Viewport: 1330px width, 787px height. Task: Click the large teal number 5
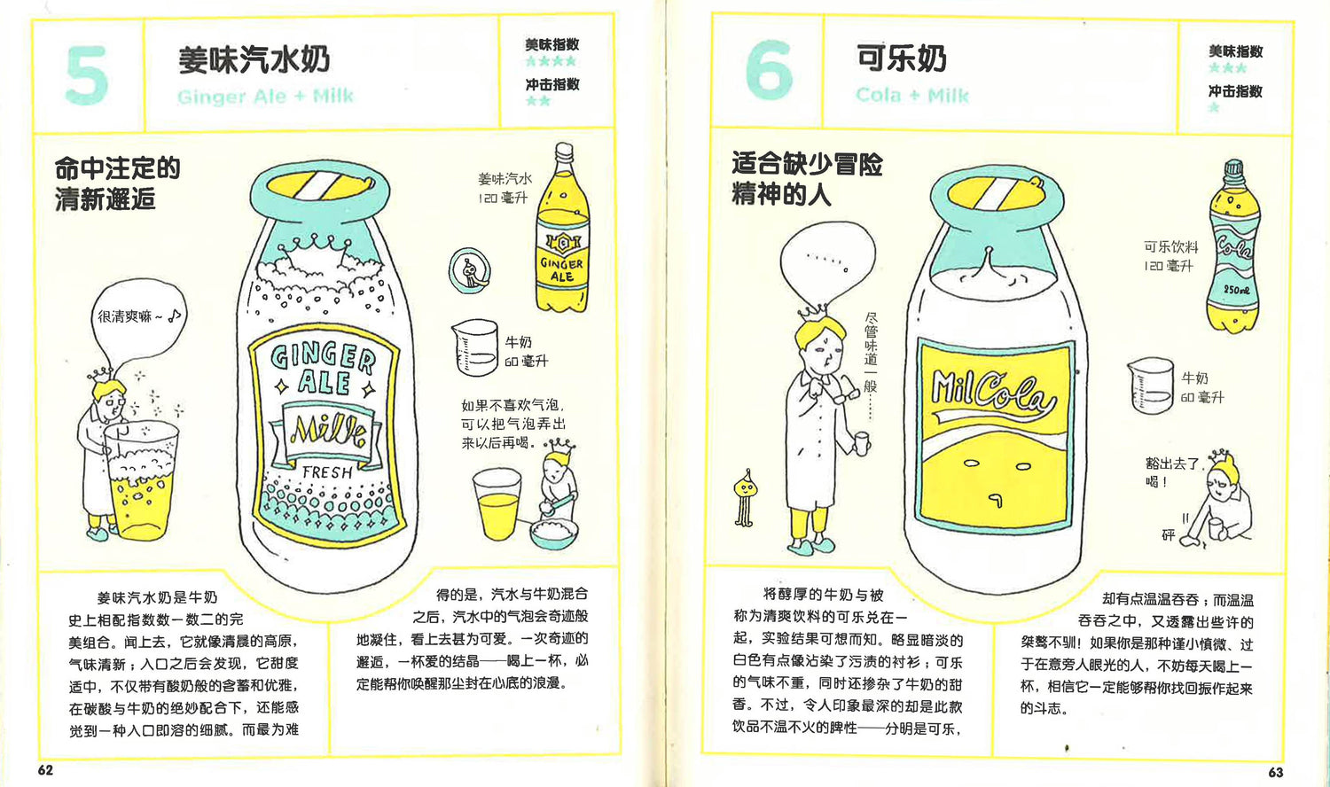tap(87, 75)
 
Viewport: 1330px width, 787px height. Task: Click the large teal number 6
tap(769, 70)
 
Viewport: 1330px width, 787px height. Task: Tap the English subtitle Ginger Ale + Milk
tap(265, 96)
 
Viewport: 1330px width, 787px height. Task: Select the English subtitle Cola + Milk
tap(912, 95)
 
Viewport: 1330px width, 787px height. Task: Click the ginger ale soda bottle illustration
tap(562, 228)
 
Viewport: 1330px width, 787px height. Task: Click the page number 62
tap(46, 770)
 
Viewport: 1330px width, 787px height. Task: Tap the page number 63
tap(1275, 772)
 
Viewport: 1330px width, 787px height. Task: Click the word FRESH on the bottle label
tap(327, 472)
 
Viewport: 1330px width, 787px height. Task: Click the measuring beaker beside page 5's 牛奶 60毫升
tap(475, 347)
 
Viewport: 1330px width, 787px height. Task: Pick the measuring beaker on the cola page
tap(1151, 386)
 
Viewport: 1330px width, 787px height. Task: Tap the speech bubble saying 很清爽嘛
tap(140, 321)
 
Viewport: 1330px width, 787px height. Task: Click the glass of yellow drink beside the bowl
tap(497, 504)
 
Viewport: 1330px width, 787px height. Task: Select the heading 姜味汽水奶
tap(254, 59)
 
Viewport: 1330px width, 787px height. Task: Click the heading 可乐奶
tap(902, 58)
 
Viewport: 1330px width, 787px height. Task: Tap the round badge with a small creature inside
tap(470, 271)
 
